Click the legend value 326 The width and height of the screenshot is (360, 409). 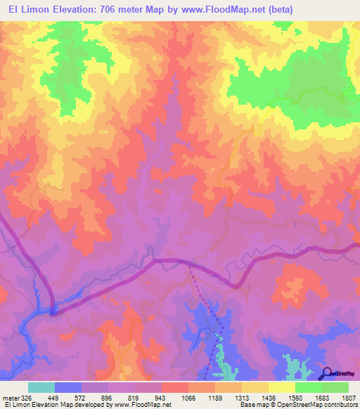(24, 396)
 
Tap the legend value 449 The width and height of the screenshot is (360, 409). (52, 396)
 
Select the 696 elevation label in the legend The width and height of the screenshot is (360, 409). (107, 396)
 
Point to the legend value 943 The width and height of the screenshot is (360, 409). (161, 396)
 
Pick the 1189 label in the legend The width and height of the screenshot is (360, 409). (214, 396)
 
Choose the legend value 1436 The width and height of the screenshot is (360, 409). (269, 396)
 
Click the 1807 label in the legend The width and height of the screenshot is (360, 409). (349, 396)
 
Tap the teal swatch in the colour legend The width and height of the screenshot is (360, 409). (41, 387)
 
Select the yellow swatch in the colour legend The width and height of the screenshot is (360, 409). (281, 387)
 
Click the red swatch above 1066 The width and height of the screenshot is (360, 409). (174, 387)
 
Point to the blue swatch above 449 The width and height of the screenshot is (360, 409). (68, 387)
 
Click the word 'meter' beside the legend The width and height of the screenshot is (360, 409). (8, 396)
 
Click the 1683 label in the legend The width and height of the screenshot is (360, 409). (323, 396)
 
